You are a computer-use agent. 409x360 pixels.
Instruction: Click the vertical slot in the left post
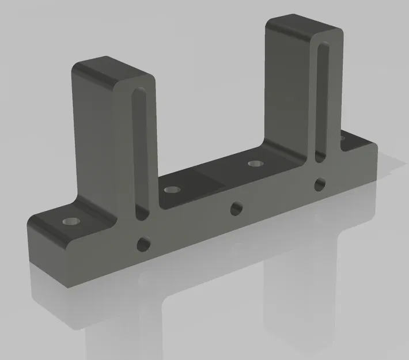tap(137, 156)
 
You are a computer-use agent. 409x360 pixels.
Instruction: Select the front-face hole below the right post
tap(319, 184)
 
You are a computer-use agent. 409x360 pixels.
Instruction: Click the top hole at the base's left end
tap(71, 221)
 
